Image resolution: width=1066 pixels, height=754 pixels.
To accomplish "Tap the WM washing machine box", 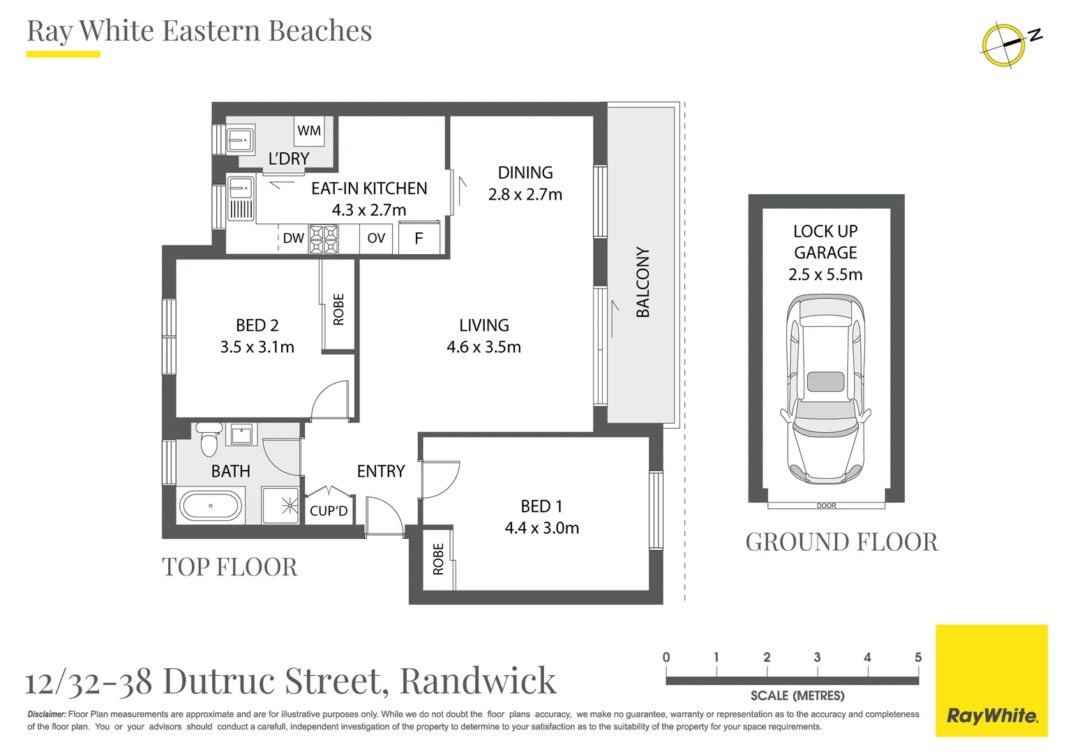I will click(x=308, y=131).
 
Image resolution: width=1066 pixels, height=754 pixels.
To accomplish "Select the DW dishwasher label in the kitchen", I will click(x=293, y=238).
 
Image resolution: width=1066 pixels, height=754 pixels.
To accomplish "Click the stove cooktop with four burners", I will click(x=324, y=239).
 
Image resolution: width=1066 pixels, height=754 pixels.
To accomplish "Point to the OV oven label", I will click(x=376, y=238).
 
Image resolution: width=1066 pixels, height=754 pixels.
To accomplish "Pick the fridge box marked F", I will click(x=419, y=238).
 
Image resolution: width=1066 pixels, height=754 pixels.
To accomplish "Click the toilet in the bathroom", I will click(x=209, y=439).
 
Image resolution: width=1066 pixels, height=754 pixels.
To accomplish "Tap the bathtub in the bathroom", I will click(x=211, y=505).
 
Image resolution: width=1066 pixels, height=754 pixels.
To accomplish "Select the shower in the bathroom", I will click(x=280, y=505).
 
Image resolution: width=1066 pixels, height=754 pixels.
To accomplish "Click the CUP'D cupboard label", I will click(x=329, y=511).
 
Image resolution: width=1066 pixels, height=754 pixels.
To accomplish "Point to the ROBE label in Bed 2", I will click(x=339, y=309).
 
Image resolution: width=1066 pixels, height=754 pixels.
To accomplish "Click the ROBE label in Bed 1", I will click(x=438, y=559).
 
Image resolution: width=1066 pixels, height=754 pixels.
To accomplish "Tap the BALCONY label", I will click(x=643, y=282).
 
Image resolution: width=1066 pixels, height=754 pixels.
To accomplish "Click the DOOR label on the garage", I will click(x=826, y=505).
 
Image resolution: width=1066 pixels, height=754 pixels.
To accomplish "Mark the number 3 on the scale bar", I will click(x=817, y=658).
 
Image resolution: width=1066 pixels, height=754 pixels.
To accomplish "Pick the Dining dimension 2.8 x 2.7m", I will click(x=525, y=195).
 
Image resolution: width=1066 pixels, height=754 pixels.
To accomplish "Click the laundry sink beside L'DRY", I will click(x=241, y=139).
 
